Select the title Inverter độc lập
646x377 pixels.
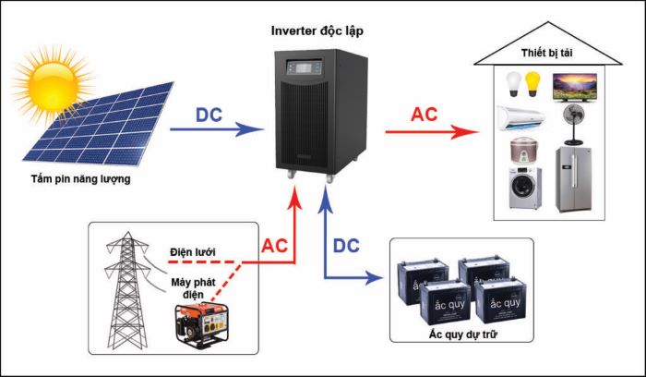point(317,30)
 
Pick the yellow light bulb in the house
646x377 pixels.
point(532,84)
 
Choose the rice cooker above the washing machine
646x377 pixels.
point(522,152)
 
